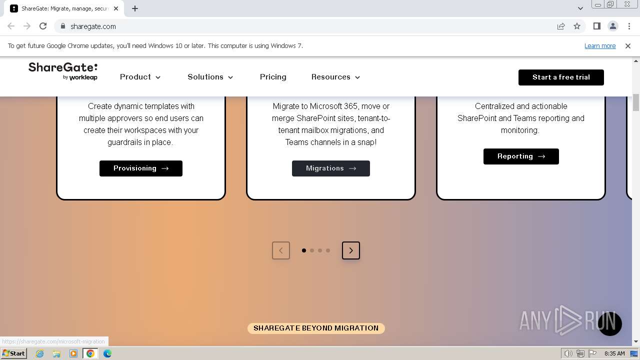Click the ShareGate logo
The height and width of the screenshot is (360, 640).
tap(63, 71)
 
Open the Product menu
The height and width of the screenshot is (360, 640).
tap(140, 77)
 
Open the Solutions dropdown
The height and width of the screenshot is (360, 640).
tap(210, 77)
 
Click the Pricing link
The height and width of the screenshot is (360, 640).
tap(273, 77)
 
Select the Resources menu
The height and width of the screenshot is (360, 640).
tap(335, 77)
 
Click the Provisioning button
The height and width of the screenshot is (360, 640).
tap(141, 168)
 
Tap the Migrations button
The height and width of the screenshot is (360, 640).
tap(331, 168)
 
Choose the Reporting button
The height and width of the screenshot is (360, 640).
tap(521, 156)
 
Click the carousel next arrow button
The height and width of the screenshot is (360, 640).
tap(351, 250)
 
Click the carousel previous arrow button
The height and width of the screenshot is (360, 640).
tap(281, 250)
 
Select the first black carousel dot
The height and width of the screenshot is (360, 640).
tap(304, 250)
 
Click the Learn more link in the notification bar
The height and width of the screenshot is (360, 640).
tap(600, 46)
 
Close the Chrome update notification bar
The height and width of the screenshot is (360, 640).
tap(628, 46)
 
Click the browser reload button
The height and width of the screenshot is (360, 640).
tap(43, 26)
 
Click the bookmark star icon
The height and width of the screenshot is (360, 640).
tap(577, 26)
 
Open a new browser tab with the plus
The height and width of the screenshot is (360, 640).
tap(135, 8)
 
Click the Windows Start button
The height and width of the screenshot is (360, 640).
tap(14, 353)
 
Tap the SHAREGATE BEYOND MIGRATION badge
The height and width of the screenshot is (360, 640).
tap(316, 328)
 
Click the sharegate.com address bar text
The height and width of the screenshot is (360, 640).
tap(93, 26)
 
